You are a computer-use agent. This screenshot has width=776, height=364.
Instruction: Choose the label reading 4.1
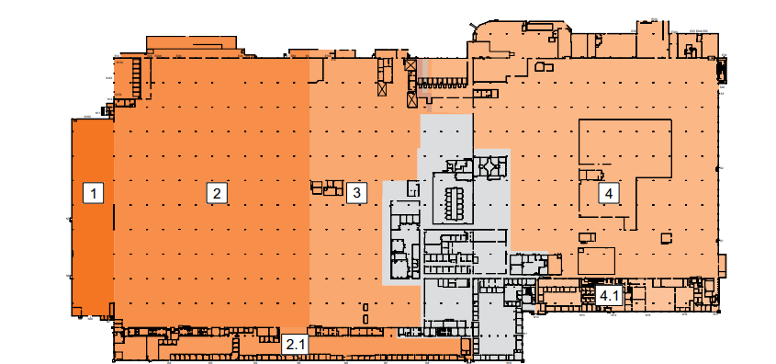609,296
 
